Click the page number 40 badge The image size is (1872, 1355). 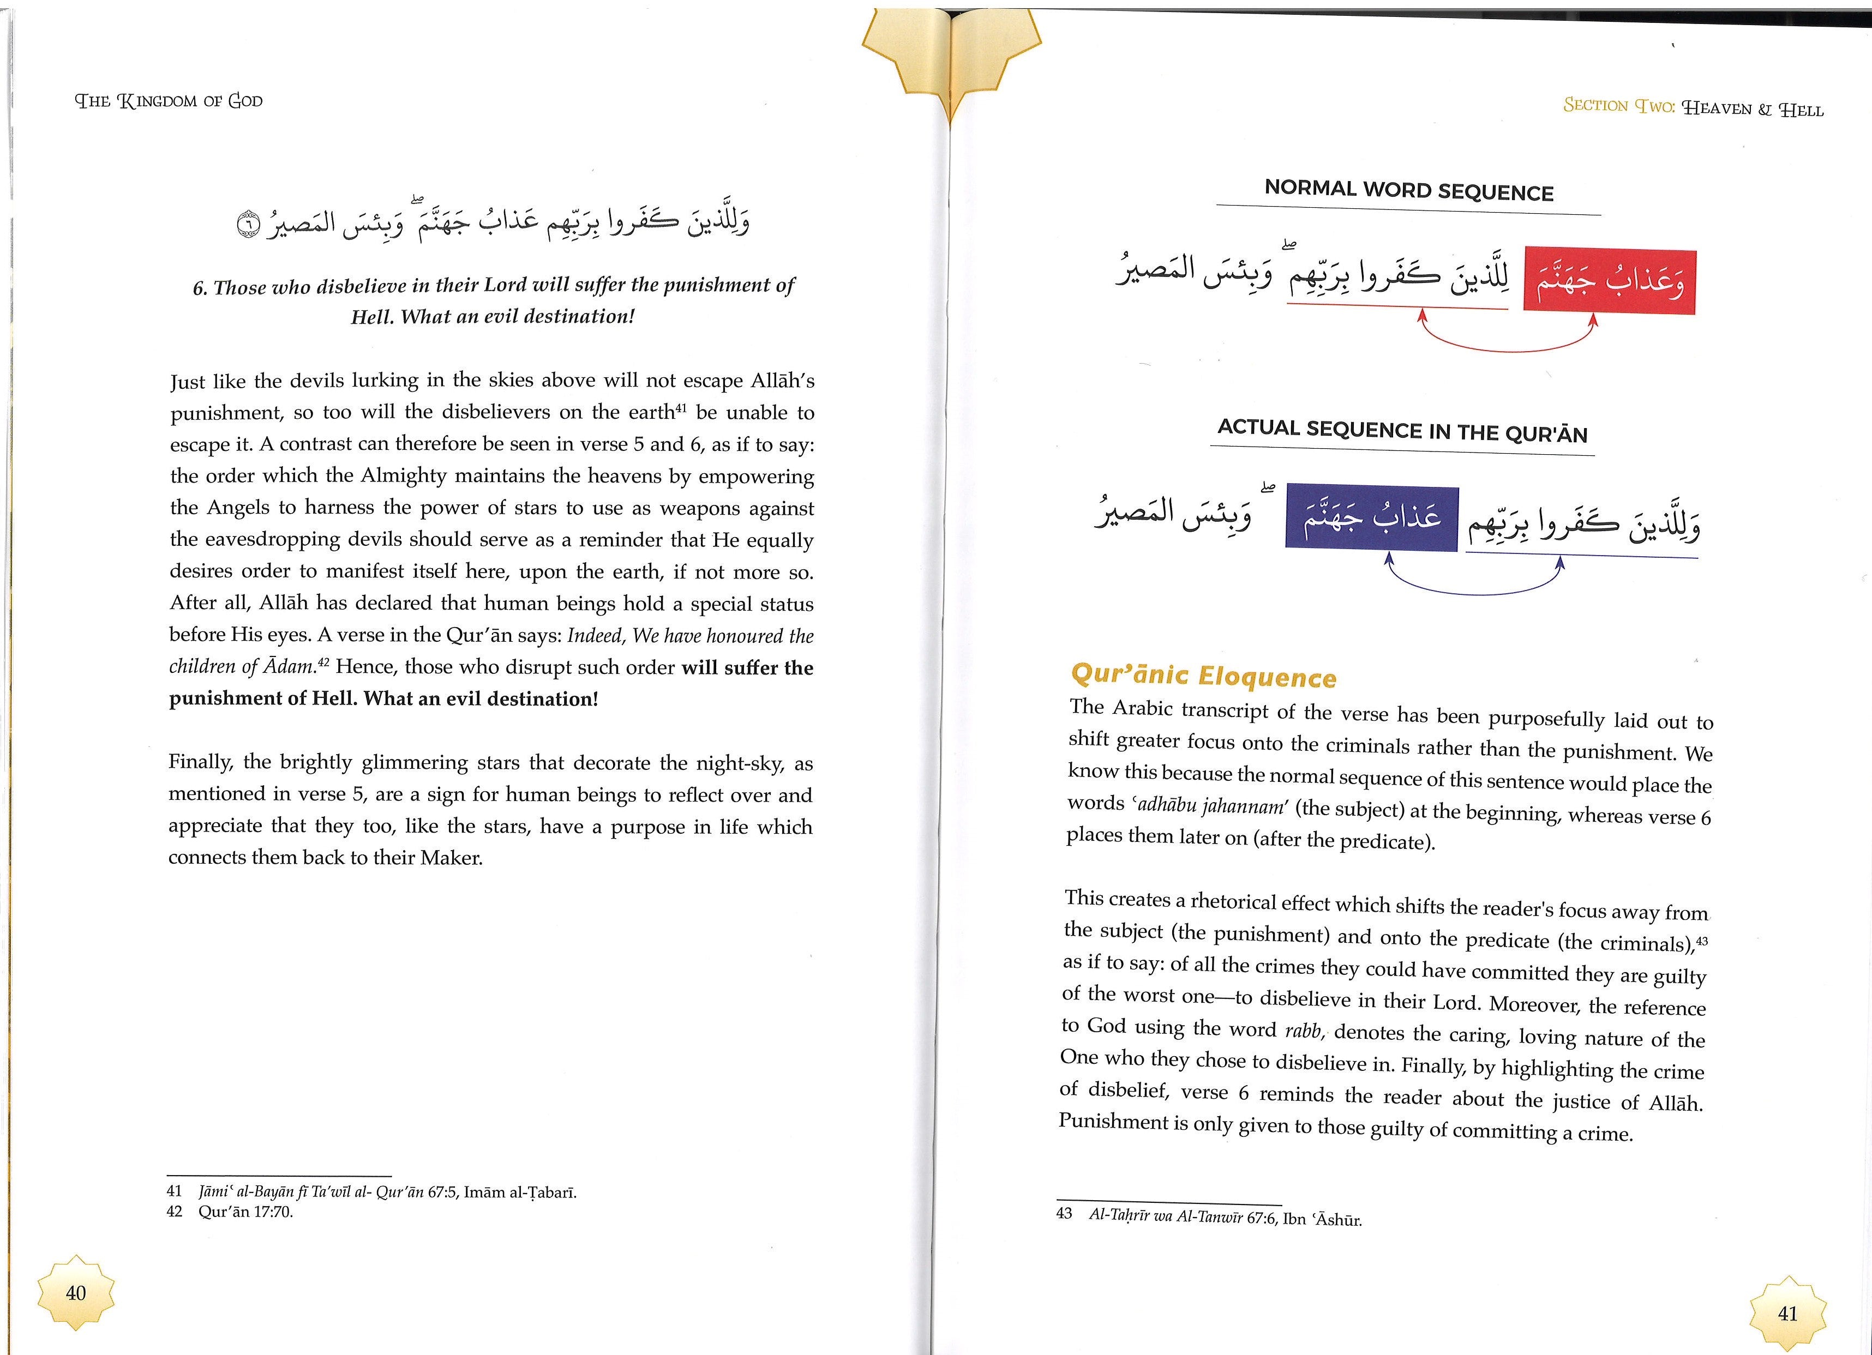[x=75, y=1292]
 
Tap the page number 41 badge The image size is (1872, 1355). [x=1787, y=1313]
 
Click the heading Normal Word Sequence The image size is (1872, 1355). [x=1408, y=191]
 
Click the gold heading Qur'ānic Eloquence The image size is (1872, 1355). [x=1203, y=676]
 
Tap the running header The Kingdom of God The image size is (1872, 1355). [x=169, y=101]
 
